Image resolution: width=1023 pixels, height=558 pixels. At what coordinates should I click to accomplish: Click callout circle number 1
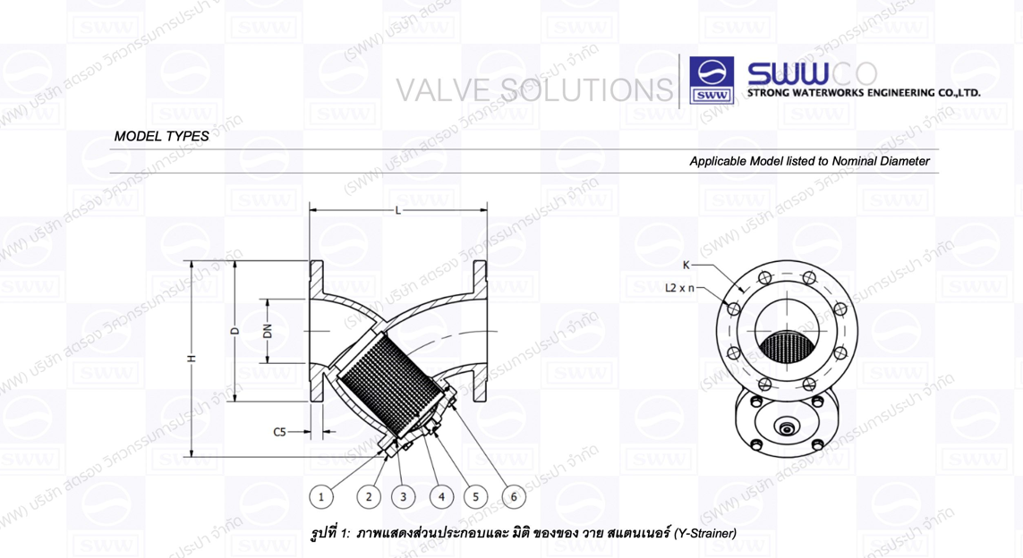(321, 496)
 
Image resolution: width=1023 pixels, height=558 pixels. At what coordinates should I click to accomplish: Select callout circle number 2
(369, 496)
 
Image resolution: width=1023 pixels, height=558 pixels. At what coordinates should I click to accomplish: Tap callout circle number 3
(403, 496)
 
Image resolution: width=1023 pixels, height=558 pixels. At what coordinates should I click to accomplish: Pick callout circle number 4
(441, 496)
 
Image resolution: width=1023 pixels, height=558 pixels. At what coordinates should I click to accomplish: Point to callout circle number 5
(476, 496)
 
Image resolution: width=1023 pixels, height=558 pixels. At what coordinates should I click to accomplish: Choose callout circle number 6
(514, 496)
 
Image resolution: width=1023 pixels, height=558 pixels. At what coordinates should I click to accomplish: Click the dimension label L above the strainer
(397, 211)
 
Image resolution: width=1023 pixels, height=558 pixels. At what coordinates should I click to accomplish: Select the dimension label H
(192, 359)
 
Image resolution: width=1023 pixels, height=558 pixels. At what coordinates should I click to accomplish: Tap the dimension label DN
(267, 332)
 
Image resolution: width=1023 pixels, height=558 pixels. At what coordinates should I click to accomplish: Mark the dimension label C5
(280, 432)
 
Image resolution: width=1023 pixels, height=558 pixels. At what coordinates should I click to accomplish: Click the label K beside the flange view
(686, 265)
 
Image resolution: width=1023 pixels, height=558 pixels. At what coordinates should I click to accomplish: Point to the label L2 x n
(682, 288)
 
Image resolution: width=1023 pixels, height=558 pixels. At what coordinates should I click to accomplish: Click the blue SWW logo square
(712, 81)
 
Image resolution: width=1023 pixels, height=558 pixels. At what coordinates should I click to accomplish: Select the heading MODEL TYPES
(162, 137)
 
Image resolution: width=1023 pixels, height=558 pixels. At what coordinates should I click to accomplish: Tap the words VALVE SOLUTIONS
(534, 89)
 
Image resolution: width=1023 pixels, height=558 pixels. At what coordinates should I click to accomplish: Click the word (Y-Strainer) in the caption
(705, 534)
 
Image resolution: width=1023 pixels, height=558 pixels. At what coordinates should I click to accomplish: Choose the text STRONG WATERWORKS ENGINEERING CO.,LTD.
(864, 93)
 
